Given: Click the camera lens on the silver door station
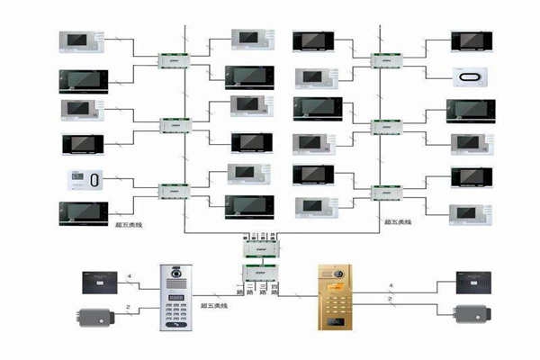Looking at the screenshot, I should (175, 272).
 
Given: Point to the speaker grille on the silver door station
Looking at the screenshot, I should (175, 286).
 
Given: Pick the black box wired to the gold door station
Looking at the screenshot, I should (474, 282).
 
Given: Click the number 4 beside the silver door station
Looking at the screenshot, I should (130, 277).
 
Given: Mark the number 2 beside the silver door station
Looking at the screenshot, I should (130, 308).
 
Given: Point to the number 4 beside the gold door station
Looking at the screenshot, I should (390, 286).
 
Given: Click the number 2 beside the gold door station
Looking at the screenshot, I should (390, 298).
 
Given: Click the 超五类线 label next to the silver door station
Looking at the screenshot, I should (213, 306).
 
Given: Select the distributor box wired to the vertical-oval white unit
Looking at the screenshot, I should (174, 191).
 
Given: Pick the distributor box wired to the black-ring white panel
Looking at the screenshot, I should (388, 60).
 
